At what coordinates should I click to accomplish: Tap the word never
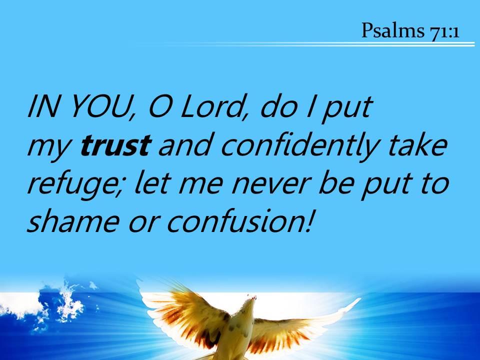click(x=271, y=186)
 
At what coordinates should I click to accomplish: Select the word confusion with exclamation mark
click(x=239, y=221)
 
